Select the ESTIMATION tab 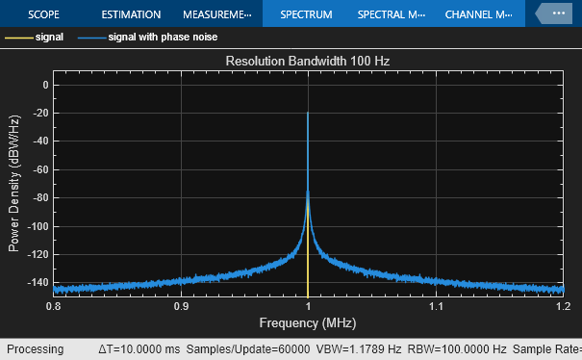click(131, 15)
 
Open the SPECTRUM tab click(305, 15)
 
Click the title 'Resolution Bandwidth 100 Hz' click(308, 61)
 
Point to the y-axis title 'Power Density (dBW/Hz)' click(14, 183)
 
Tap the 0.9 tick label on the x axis click(181, 305)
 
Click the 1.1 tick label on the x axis click(436, 305)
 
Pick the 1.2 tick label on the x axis click(561, 305)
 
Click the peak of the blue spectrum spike click(308, 114)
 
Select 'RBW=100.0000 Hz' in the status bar click(455, 349)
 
